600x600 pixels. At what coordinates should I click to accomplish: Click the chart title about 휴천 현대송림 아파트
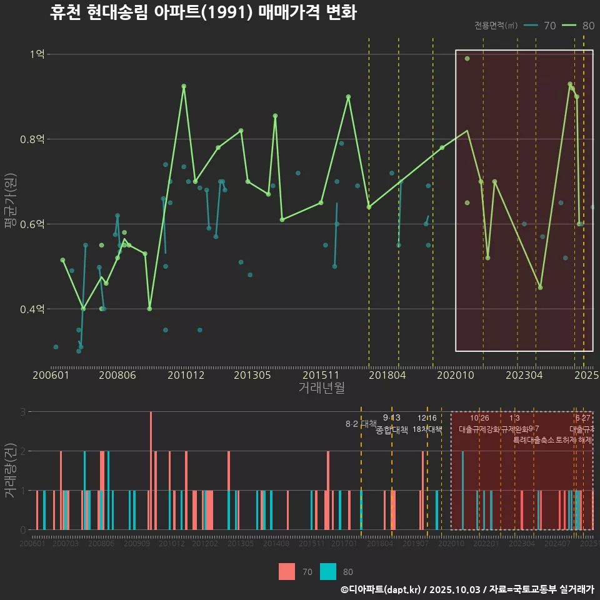point(203,13)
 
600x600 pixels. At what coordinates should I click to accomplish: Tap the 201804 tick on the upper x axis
point(387,375)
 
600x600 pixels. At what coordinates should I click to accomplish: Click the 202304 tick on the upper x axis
point(523,375)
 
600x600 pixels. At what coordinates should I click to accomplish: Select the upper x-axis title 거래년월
point(321,388)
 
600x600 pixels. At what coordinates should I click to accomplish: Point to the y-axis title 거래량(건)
point(11,470)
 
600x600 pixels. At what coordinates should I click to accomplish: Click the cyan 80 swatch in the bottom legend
point(328,571)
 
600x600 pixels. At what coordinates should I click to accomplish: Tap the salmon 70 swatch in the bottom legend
point(287,571)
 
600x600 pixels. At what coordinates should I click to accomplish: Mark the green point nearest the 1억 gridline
point(467,59)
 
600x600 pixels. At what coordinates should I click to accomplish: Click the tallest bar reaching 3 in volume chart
point(151,470)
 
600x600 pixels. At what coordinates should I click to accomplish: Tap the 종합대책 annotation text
point(392,430)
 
